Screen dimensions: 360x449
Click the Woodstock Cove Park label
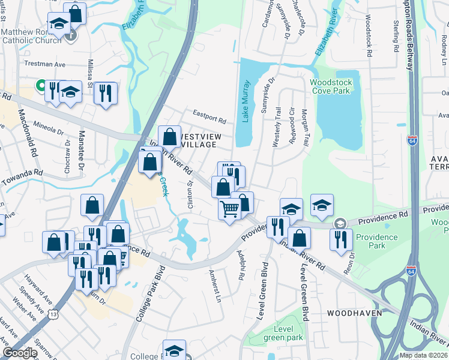[x=330, y=86]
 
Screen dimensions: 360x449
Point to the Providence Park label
[x=376, y=241]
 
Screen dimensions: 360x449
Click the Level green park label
[x=283, y=334]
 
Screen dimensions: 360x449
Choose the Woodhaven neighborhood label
[x=351, y=313]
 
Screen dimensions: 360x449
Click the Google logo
[x=19, y=352]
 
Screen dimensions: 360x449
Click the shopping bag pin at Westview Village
[x=170, y=136]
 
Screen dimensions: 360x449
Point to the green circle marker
[x=41, y=86]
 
